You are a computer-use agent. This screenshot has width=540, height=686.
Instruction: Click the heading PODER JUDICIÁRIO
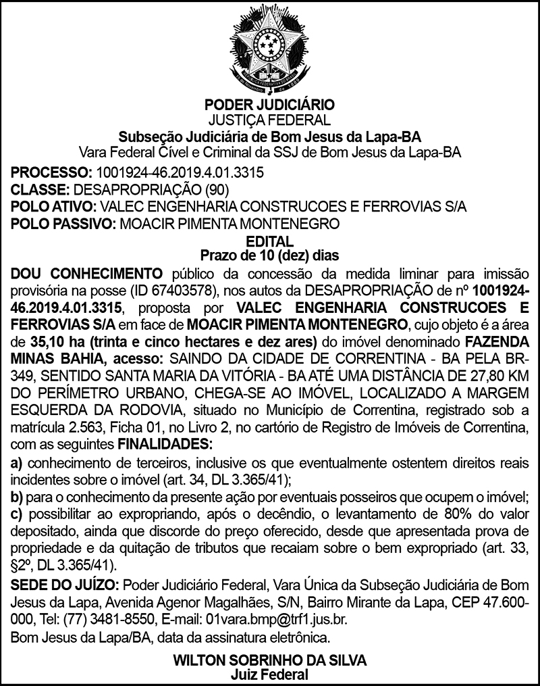click(x=270, y=106)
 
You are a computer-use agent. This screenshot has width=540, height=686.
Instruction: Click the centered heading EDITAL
click(x=270, y=241)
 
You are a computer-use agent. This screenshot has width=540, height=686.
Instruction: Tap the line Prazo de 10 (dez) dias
click(x=270, y=255)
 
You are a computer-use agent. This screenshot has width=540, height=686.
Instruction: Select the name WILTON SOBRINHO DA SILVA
click(x=270, y=660)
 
